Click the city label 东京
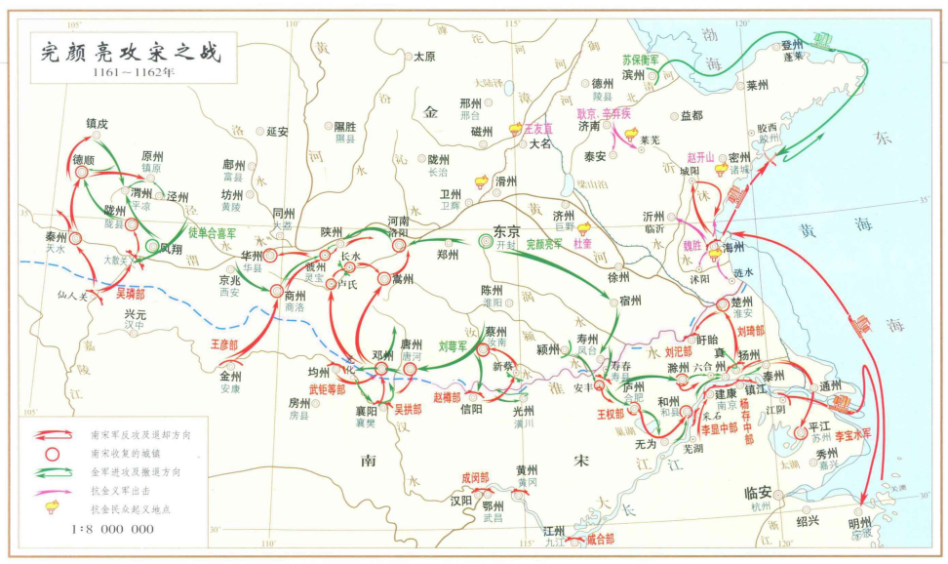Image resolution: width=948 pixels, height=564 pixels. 507,232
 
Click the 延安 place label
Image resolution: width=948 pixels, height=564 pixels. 277,131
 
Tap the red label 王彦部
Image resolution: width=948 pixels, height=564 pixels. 224,344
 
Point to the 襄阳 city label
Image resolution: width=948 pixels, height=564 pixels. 366,412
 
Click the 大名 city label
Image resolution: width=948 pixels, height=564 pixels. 540,143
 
